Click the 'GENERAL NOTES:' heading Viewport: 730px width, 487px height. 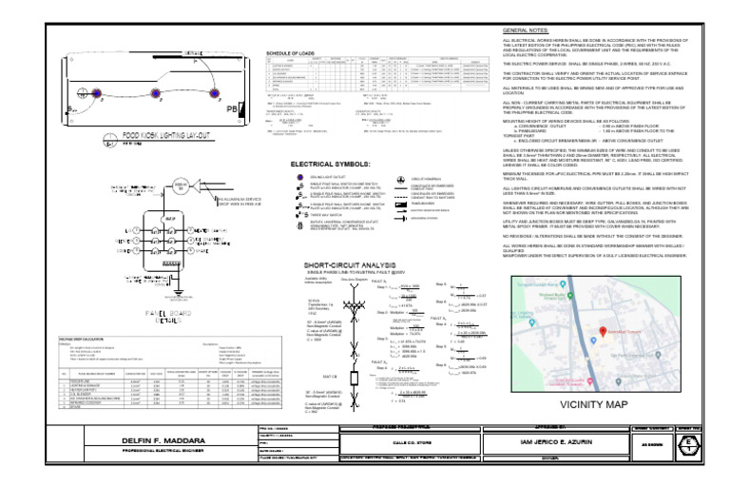point(525,31)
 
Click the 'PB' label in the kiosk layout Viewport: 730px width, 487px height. point(230,108)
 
